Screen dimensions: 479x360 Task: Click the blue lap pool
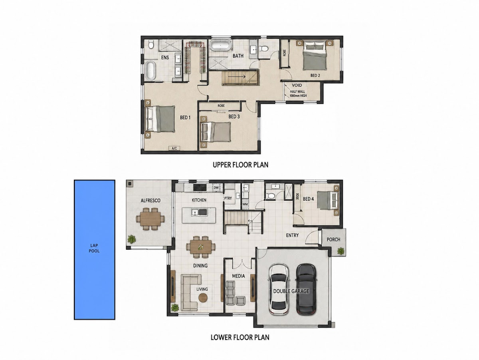click(95, 249)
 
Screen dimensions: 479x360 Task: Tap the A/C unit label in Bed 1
click(174, 148)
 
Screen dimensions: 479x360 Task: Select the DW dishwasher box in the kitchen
click(216, 188)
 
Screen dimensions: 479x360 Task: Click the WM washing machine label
click(245, 205)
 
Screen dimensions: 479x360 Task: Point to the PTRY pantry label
click(228, 198)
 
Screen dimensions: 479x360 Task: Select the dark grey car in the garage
click(306, 289)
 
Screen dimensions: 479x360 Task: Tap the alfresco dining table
click(150, 219)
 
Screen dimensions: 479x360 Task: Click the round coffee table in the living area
click(203, 298)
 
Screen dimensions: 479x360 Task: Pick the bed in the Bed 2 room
click(315, 56)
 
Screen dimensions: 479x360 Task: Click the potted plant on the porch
click(340, 251)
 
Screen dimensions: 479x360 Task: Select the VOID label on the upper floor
click(297, 85)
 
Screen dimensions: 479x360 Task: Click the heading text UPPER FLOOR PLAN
click(240, 165)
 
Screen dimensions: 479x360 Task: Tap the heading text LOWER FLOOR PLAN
click(240, 337)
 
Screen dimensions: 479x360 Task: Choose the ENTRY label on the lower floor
click(293, 235)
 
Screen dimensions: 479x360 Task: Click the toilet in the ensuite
click(151, 44)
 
